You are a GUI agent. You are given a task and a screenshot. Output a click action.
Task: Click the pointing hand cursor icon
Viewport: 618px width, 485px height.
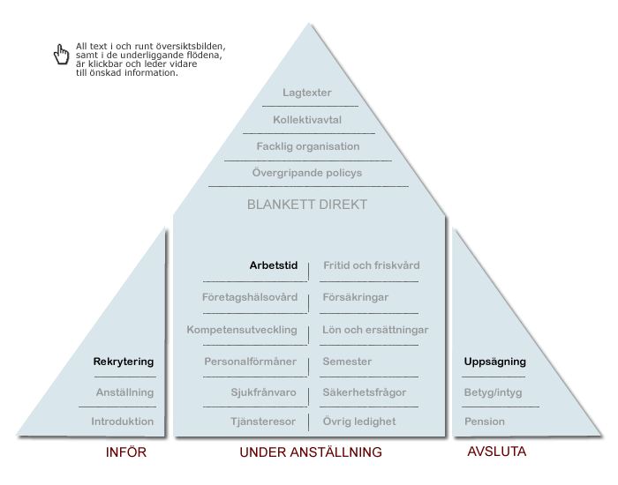click(x=61, y=55)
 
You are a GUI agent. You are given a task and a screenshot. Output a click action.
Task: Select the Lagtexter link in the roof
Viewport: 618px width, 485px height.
click(x=307, y=93)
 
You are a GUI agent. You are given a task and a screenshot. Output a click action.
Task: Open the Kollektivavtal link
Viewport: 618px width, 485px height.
click(x=307, y=120)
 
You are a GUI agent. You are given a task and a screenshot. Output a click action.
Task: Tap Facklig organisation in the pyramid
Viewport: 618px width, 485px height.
click(x=308, y=146)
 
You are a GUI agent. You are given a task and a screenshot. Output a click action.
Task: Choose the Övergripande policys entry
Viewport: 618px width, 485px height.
click(x=307, y=173)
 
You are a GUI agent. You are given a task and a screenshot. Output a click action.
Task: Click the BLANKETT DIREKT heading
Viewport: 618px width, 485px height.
click(x=307, y=205)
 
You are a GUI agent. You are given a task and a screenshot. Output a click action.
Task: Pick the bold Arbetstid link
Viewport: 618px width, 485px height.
click(x=274, y=265)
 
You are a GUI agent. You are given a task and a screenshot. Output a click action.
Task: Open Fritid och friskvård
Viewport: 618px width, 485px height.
click(x=372, y=265)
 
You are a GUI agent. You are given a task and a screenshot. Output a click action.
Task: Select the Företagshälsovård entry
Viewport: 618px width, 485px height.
click(x=250, y=297)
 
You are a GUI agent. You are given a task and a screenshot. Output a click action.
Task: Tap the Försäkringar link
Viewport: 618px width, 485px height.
click(x=356, y=297)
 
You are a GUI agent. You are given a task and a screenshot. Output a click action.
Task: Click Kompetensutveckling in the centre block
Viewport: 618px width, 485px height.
click(x=242, y=330)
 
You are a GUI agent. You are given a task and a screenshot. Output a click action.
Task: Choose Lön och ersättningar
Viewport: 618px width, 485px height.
click(x=375, y=330)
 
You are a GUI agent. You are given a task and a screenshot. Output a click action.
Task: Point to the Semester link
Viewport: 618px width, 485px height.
click(x=347, y=362)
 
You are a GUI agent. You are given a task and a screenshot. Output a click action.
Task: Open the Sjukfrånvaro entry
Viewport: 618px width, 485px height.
click(x=263, y=392)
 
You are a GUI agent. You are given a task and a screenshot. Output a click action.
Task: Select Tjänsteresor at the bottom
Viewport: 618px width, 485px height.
click(x=263, y=422)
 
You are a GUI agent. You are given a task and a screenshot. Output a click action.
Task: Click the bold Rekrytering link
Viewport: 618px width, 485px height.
click(x=124, y=362)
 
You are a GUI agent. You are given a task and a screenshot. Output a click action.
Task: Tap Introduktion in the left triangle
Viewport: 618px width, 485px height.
click(x=123, y=422)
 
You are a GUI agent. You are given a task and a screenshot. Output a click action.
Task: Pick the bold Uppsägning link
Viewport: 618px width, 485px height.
click(x=495, y=362)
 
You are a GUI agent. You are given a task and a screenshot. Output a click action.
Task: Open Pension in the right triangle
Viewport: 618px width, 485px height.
click(x=485, y=422)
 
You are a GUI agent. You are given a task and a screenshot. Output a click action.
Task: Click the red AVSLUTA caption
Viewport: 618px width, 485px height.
click(x=496, y=451)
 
